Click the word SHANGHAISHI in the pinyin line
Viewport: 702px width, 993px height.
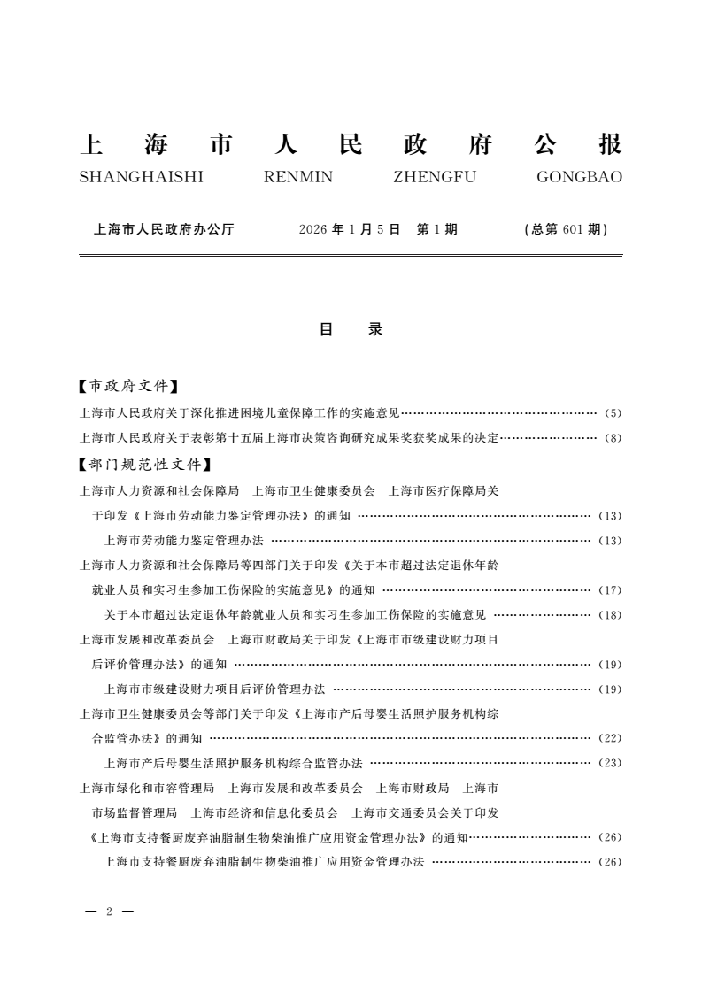pos(141,177)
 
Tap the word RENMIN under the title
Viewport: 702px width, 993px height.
pos(298,177)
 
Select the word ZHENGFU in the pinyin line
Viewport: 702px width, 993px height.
pos(434,177)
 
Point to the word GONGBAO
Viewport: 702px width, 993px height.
pos(579,177)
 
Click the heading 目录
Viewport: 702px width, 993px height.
pos(351,329)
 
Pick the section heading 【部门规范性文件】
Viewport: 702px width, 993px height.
pos(144,463)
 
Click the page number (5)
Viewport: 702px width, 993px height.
pos(613,413)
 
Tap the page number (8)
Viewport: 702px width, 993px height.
pos(613,438)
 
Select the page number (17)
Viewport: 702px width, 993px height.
pos(611,590)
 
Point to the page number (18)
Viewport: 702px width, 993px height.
pos(611,615)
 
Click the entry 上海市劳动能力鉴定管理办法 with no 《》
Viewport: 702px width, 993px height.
pos(184,540)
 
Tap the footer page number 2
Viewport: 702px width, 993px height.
pos(108,912)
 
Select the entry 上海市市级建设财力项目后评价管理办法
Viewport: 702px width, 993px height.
pos(215,689)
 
